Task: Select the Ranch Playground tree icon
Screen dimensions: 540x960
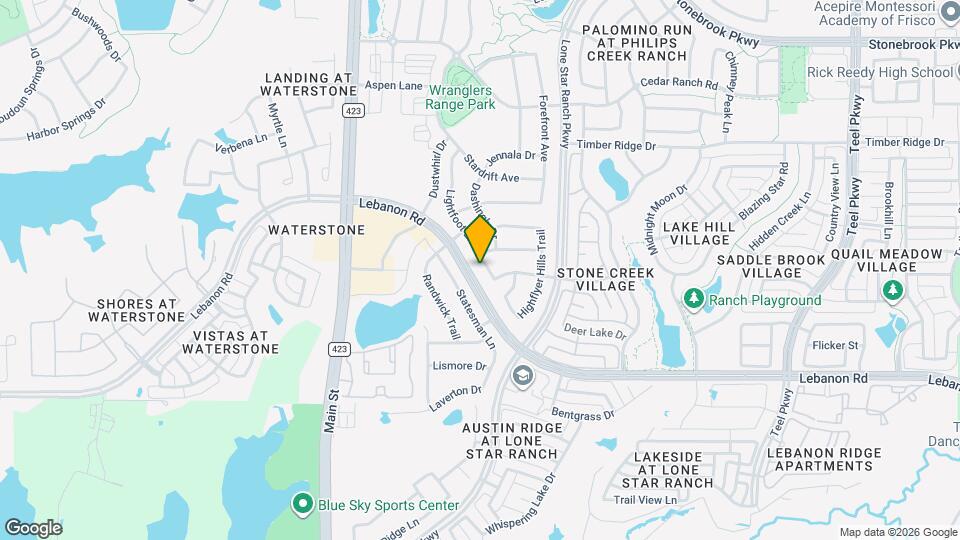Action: tap(693, 299)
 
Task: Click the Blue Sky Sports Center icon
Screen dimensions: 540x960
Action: tap(302, 504)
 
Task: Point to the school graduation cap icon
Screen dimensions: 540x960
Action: tap(521, 375)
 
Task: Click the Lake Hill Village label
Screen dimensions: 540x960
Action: tap(698, 234)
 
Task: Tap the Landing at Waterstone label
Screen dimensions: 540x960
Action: tap(309, 84)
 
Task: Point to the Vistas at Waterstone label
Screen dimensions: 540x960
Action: tap(230, 343)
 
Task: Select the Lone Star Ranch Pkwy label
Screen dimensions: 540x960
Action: tap(565, 89)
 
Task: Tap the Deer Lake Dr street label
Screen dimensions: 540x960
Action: tap(594, 331)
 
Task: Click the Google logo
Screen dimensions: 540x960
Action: tap(33, 527)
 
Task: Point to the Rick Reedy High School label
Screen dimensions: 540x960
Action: tap(880, 72)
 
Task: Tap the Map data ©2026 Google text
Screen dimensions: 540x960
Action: tap(898, 532)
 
